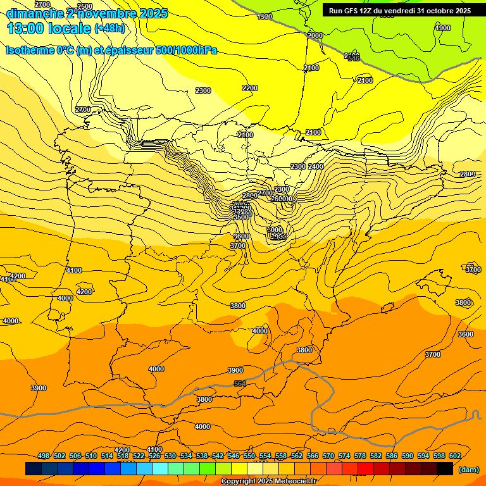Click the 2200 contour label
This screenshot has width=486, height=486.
[250, 88]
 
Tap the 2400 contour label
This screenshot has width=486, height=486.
[316, 166]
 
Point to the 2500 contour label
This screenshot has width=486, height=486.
[85, 7]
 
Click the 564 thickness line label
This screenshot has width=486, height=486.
[240, 383]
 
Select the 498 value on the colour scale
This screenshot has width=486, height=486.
[44, 456]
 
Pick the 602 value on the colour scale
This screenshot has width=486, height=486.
[455, 456]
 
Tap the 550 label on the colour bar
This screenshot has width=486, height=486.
[249, 456]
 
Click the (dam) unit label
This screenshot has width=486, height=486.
[469, 470]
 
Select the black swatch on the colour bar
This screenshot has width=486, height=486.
[445, 468]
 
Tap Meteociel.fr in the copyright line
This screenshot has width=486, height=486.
[292, 482]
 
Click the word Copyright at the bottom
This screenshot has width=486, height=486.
[239, 482]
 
